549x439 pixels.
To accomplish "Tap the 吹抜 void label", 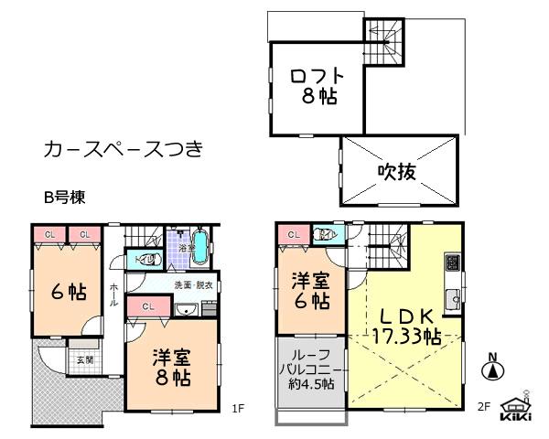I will point(399,170).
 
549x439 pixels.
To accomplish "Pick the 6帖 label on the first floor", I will point(69,293).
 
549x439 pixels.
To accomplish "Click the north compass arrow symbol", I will point(491,371).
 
